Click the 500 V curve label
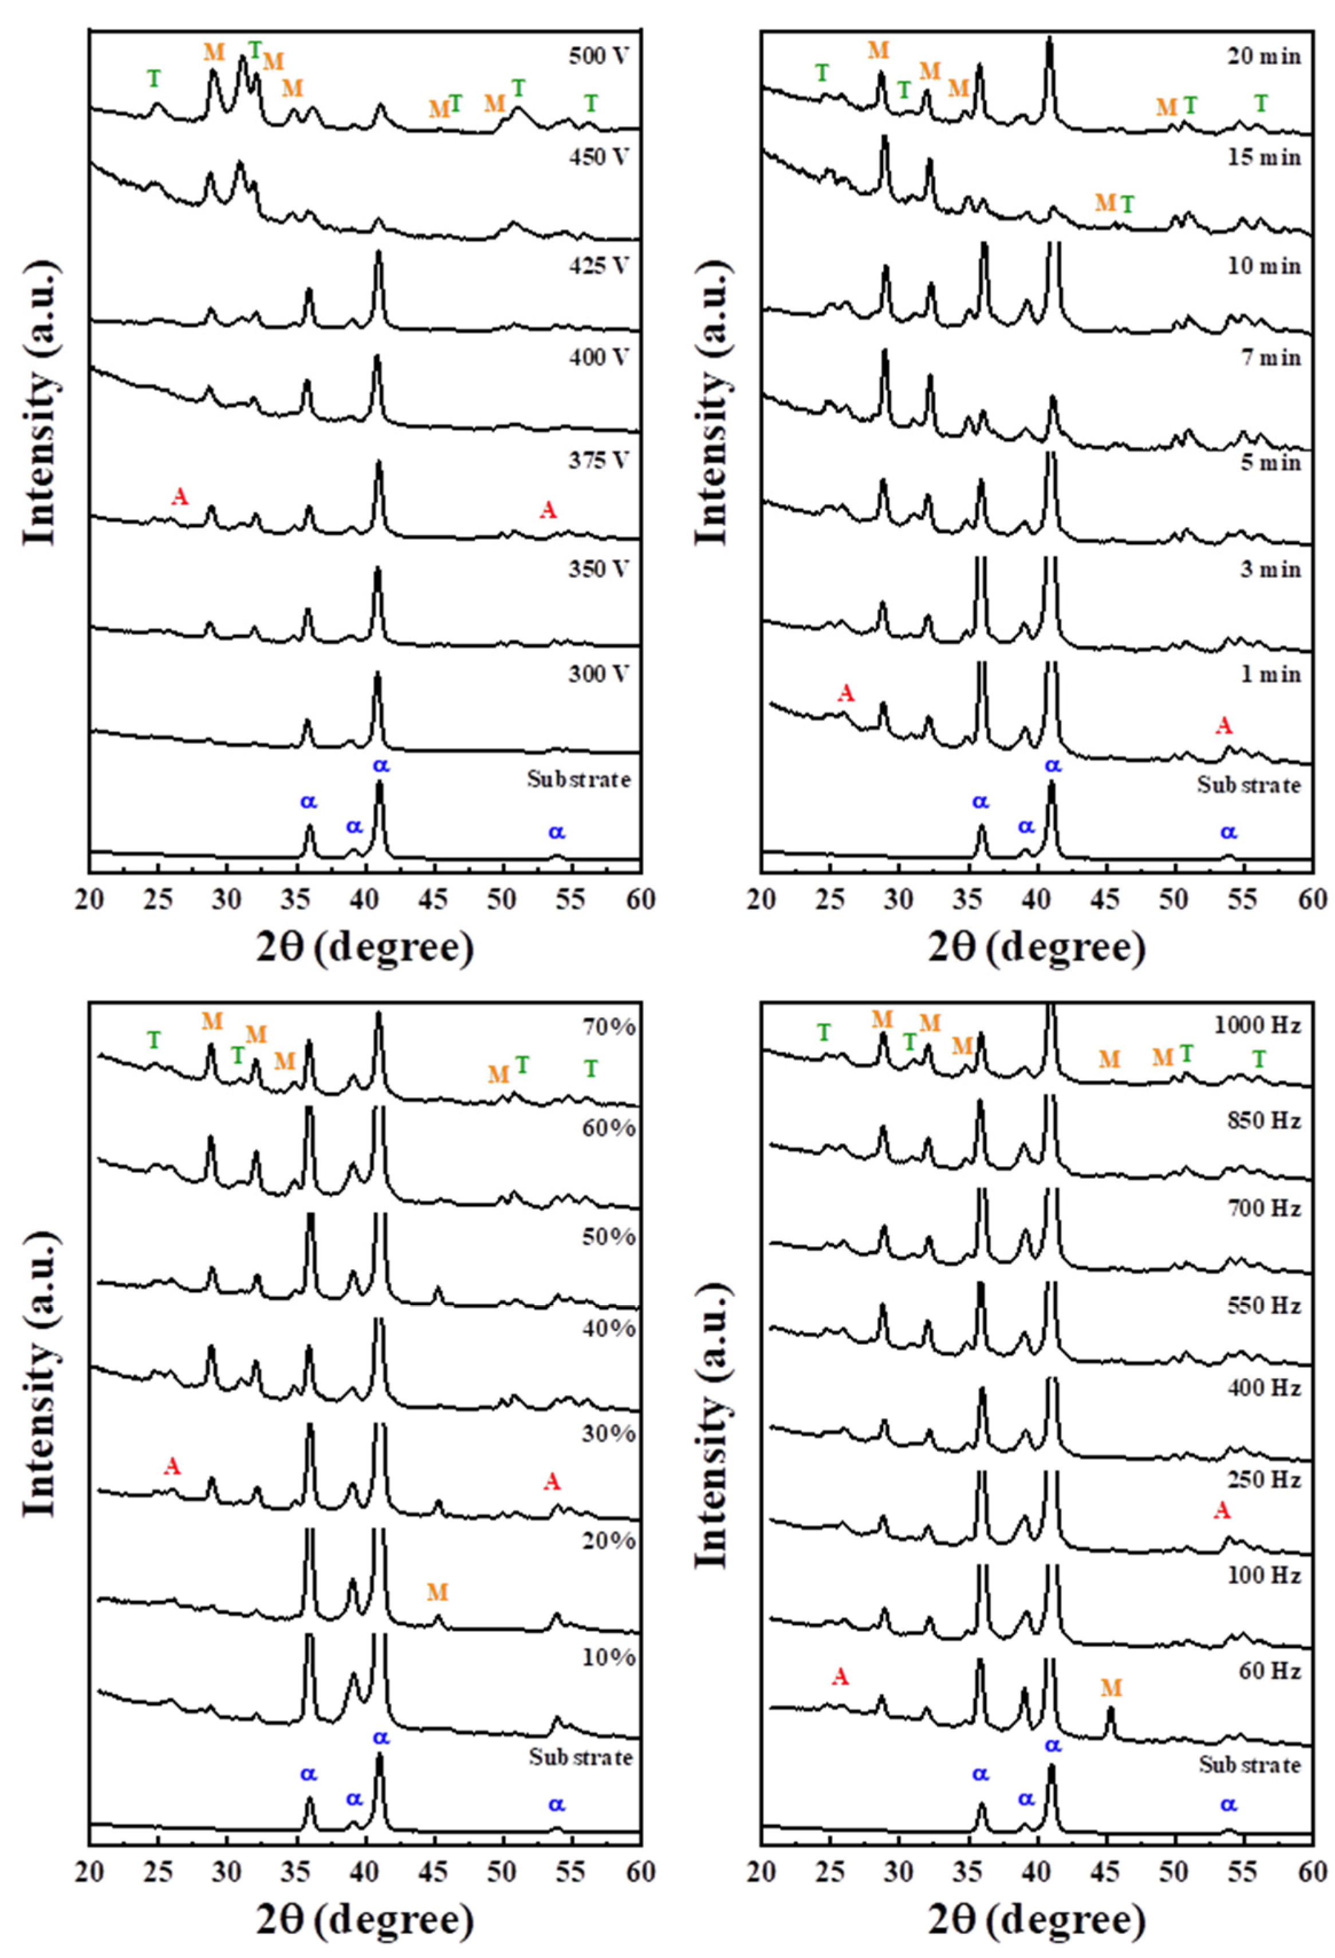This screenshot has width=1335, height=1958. coord(599,57)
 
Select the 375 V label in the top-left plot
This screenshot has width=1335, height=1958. coord(599,460)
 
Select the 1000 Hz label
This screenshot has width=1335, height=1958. coord(1258,1025)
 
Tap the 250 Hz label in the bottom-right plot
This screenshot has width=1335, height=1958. coord(1264,1480)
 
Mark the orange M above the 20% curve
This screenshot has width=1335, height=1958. coord(437,1591)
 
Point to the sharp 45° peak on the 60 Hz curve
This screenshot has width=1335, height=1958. coord(1110,1710)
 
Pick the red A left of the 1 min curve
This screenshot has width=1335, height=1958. coord(846,693)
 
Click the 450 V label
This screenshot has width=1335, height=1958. coord(599,158)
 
